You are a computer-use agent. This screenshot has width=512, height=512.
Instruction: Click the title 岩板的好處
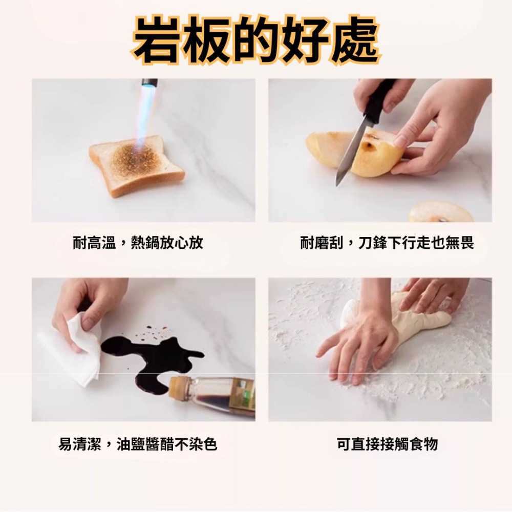(256, 40)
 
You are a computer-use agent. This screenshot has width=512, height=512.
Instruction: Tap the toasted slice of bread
(136, 165)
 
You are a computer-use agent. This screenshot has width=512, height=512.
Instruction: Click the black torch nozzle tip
(149, 82)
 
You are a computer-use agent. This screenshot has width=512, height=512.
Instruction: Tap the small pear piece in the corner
(440, 211)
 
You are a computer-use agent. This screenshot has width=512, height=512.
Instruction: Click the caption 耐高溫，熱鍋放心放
(138, 243)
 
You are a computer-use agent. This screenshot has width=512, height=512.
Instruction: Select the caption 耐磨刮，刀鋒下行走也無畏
(387, 243)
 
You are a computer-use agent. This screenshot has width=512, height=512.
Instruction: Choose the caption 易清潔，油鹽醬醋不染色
(138, 444)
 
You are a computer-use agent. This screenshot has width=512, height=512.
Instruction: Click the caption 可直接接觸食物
(387, 444)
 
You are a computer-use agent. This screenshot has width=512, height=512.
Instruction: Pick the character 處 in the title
(355, 40)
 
